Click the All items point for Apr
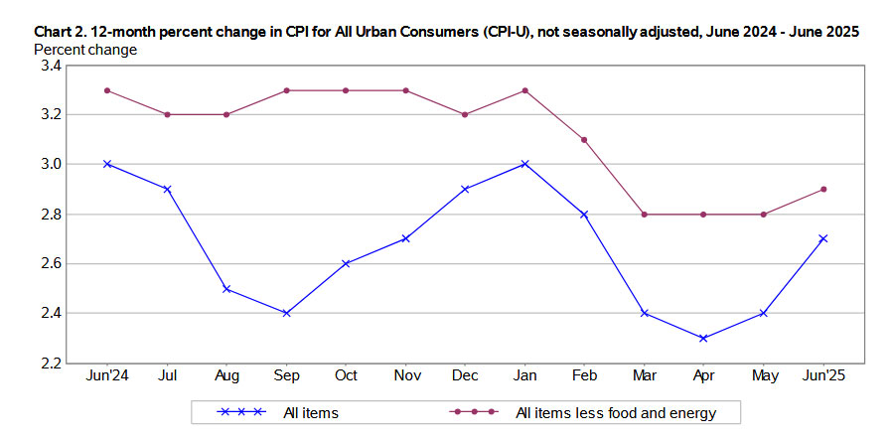(x=703, y=338)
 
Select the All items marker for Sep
(x=286, y=313)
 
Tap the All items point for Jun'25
(x=823, y=238)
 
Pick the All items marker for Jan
(x=524, y=164)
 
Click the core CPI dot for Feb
(x=584, y=139)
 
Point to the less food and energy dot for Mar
(x=644, y=214)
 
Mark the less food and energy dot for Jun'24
(x=106, y=90)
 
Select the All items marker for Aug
(x=226, y=288)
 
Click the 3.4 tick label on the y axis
(x=50, y=66)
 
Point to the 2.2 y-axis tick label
(x=50, y=364)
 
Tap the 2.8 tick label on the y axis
(x=50, y=215)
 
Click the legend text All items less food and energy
(x=616, y=412)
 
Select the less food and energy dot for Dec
(x=465, y=114)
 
